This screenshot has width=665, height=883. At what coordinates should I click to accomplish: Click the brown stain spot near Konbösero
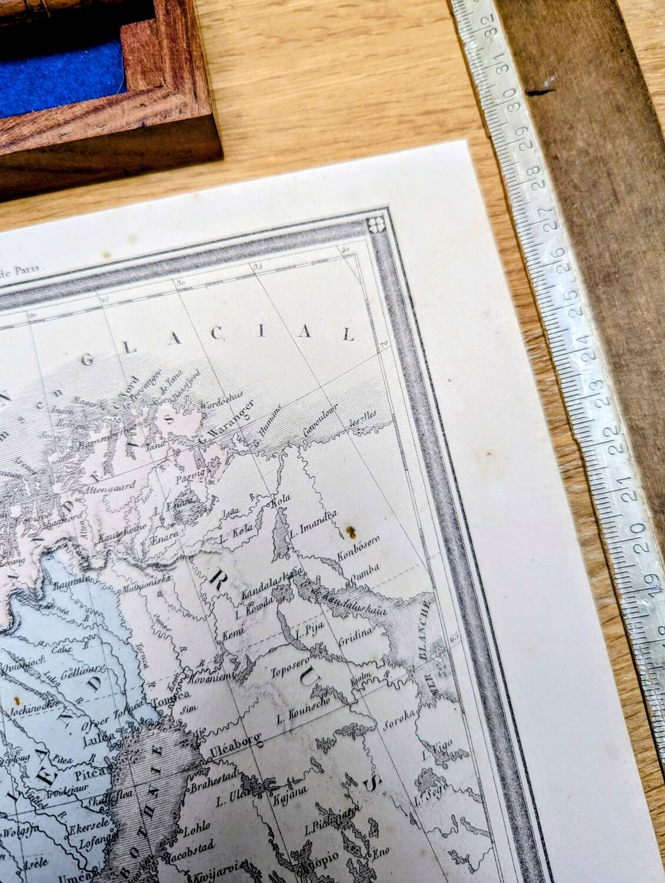pyautogui.click(x=352, y=533)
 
